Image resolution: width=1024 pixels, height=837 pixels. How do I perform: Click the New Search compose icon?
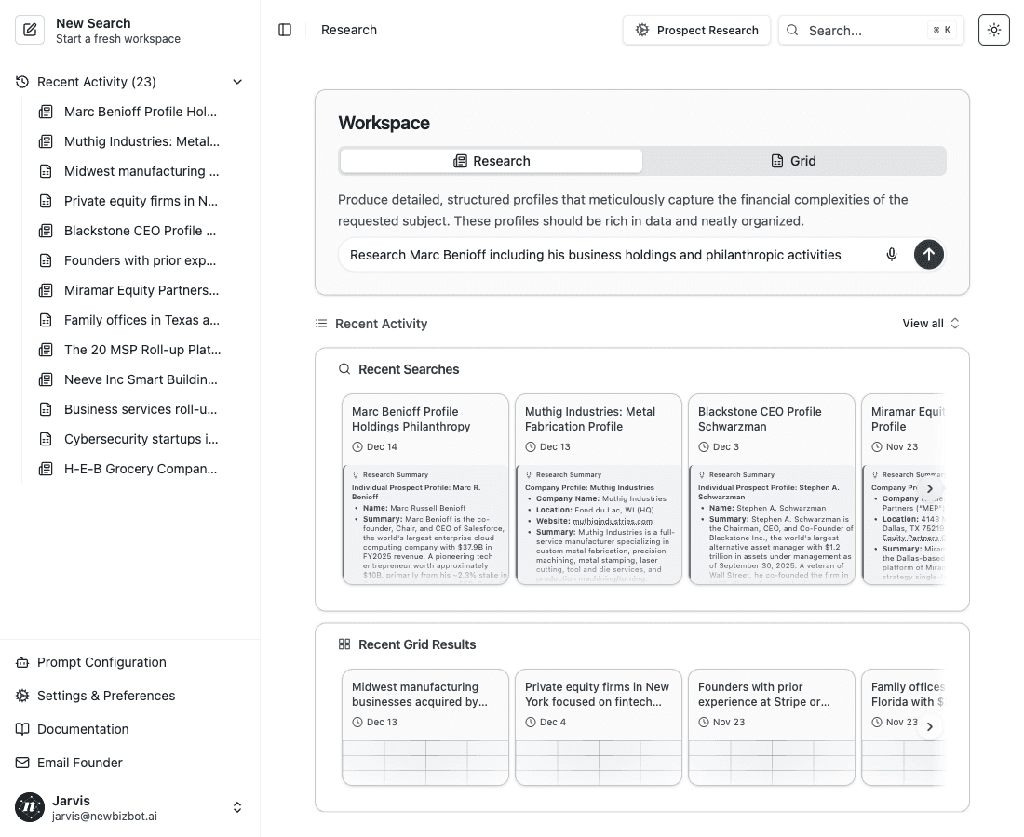coord(30,31)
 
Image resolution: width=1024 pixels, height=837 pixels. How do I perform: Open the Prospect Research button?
coord(696,30)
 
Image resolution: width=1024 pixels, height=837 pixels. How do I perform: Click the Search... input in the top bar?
coord(870,30)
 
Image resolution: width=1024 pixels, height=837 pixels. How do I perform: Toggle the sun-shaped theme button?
coord(994,30)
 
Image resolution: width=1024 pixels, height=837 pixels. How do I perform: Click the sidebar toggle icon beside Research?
coord(285,30)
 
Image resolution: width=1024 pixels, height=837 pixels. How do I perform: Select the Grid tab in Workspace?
coord(794,161)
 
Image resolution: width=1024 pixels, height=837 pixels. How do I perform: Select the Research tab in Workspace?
coord(492,161)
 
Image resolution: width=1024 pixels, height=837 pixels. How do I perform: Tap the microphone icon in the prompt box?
coord(892,255)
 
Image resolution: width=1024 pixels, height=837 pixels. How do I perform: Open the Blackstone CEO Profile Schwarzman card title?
coord(760,418)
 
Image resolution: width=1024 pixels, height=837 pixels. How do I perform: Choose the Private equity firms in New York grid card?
coord(597,694)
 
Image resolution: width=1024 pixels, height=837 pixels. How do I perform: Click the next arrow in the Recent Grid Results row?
coord(929,726)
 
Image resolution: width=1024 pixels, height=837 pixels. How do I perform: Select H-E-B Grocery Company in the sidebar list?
coord(140,469)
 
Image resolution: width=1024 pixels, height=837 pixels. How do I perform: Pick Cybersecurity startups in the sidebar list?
coord(140,439)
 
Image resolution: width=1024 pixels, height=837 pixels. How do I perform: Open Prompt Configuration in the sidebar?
coord(101,662)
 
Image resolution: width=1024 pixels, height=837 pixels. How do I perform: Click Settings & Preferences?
coord(105,696)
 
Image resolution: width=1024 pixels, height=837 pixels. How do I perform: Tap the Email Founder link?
coord(79,763)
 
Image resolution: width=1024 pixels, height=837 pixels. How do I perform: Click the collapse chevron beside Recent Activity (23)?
coord(237,82)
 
